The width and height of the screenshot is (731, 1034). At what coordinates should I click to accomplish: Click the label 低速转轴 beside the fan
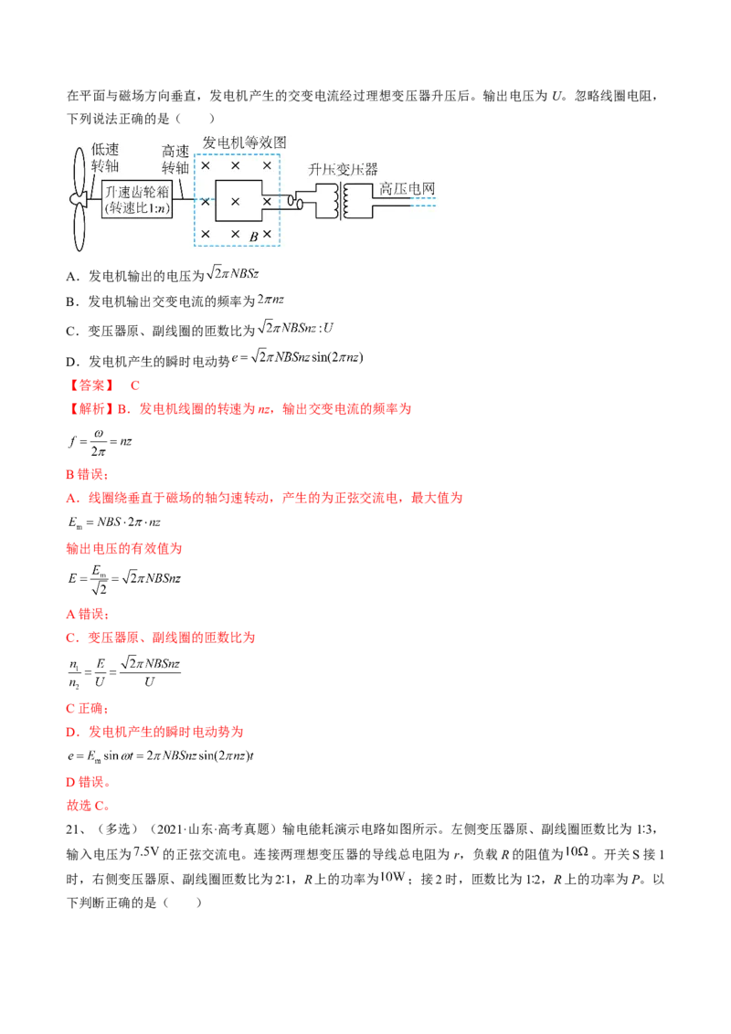pos(105,159)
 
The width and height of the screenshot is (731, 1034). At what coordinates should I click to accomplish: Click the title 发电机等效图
pos(244,142)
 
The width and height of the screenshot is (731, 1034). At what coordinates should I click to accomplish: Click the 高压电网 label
pos(407,189)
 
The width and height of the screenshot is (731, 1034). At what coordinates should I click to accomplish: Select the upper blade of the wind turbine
pos(77,166)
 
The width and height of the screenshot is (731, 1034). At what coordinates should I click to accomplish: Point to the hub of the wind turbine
pos(79,197)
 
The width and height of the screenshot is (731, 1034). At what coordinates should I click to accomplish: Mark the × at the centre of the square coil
pos(236,201)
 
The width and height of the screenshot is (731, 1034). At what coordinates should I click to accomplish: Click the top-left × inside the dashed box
pos(206,166)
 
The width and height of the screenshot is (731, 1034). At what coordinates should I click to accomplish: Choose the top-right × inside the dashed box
pos(267,166)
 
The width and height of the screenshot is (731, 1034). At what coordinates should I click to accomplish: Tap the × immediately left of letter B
pos(236,235)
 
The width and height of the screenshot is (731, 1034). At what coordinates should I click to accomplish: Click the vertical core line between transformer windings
pos(342,199)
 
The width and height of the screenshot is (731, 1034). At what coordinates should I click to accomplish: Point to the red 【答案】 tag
pos(90,385)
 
